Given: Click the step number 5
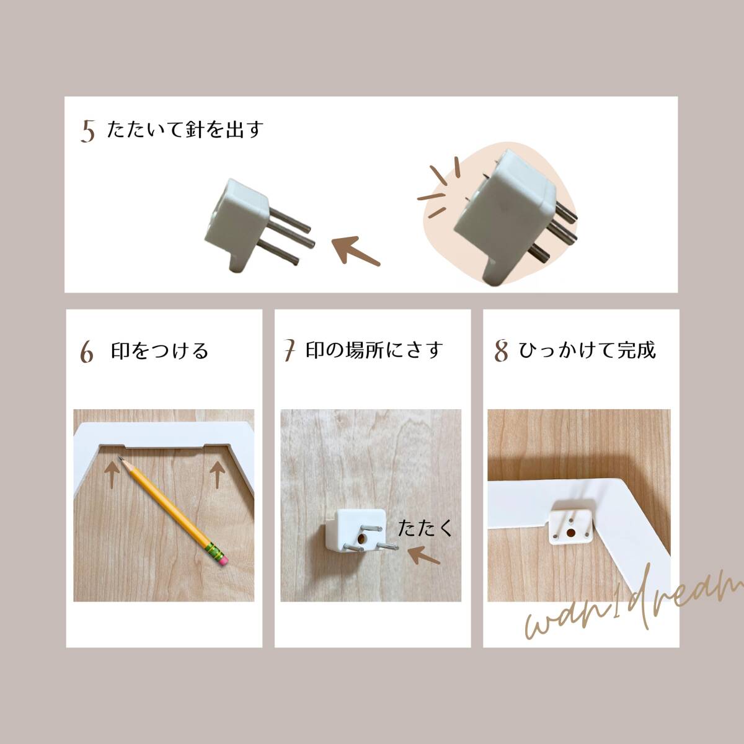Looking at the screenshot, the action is [x=87, y=131].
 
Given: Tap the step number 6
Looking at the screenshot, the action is [x=87, y=352].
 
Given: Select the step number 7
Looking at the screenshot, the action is [x=290, y=350].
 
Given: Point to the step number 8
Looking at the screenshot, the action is [x=501, y=351].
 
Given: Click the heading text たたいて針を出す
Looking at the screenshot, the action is [x=185, y=129].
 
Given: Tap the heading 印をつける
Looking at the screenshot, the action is [x=159, y=350].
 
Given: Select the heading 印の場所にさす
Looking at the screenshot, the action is [x=374, y=350].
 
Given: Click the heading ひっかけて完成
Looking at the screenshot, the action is [x=587, y=350].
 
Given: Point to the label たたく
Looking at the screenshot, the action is [x=425, y=528].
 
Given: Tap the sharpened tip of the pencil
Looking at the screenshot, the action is [x=120, y=458].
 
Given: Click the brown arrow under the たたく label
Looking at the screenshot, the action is [x=424, y=555].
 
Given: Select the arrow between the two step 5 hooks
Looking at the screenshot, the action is [x=356, y=250].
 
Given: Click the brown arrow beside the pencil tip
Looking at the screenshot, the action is [x=112, y=476].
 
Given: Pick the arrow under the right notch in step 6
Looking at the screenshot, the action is [x=218, y=474].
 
